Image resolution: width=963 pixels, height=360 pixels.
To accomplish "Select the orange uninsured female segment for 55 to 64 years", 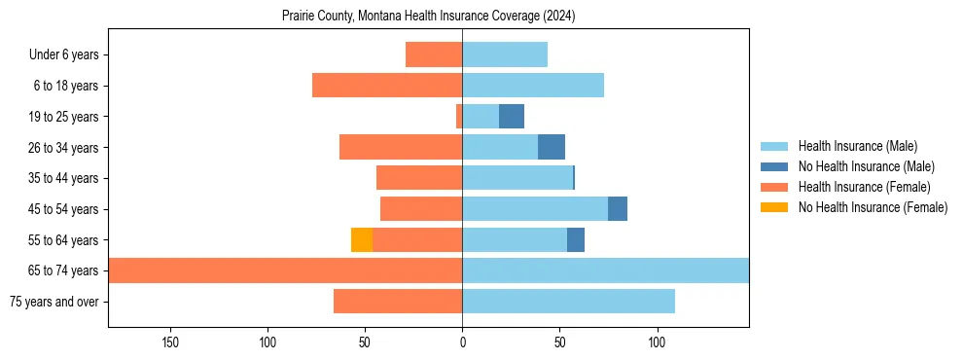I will (x=362, y=239).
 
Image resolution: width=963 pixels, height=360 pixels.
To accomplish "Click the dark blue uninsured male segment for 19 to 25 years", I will (x=512, y=117).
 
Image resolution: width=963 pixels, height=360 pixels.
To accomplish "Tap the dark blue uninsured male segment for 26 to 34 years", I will (x=552, y=147).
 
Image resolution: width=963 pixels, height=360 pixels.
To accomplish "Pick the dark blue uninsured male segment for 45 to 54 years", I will (x=618, y=209).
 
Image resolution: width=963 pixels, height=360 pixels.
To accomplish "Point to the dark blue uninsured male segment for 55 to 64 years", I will (x=576, y=239).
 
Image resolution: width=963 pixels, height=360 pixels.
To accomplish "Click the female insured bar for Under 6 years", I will (x=434, y=54).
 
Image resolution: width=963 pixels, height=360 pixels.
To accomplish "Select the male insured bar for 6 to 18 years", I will (x=533, y=86).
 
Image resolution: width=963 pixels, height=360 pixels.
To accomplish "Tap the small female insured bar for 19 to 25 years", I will (x=459, y=117).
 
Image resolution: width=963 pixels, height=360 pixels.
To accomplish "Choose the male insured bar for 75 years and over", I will (x=568, y=302).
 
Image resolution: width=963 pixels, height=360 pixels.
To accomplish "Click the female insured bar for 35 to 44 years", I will (x=419, y=178).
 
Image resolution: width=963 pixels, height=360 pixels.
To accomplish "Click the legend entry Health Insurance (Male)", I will (x=858, y=146).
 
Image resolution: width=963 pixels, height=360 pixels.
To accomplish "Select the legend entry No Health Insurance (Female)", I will (x=873, y=207).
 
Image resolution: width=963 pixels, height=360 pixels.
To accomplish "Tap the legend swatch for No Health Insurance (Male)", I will (x=774, y=166).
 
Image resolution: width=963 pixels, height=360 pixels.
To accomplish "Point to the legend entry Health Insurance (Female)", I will (x=864, y=187).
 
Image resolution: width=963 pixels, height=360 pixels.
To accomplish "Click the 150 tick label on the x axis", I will (x=170, y=342).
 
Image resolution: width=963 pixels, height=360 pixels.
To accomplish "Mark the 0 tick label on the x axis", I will (x=462, y=342).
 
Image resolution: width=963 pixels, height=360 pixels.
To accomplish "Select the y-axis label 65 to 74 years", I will (x=65, y=270).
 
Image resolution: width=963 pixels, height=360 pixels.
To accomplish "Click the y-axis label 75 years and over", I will (x=54, y=302).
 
